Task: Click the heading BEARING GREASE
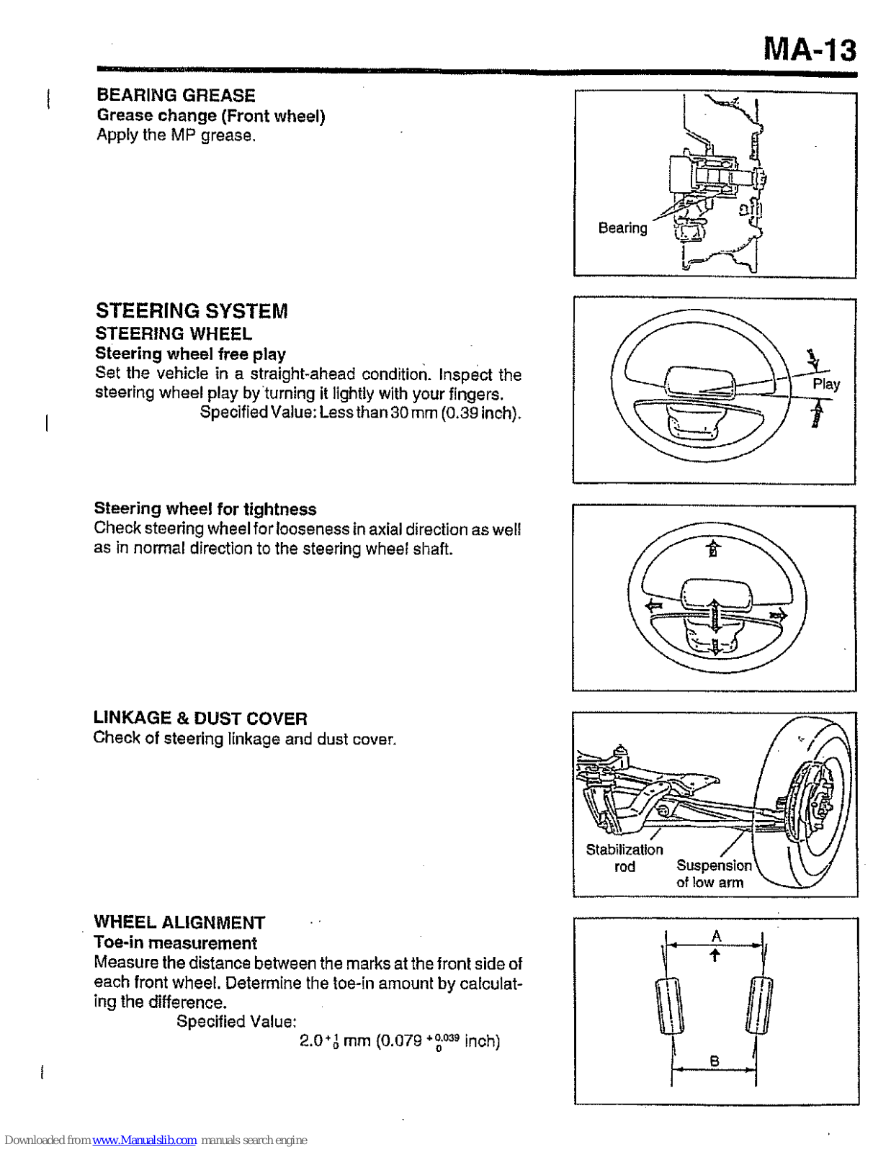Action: (176, 95)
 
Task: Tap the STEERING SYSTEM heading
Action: (192, 311)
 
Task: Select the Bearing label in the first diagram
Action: (622, 228)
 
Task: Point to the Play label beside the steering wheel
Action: (826, 384)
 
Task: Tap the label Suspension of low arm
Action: (712, 873)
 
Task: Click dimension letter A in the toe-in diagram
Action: (716, 936)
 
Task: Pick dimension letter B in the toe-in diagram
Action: (714, 1061)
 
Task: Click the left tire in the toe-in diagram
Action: (669, 1006)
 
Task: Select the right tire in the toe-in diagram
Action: (759, 1005)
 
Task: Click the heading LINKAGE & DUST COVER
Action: (200, 718)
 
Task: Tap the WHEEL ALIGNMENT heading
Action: (179, 922)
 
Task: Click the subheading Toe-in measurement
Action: (175, 942)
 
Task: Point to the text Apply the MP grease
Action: (176, 135)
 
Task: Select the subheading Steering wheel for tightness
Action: (205, 509)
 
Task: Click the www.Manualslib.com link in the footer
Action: (144, 1140)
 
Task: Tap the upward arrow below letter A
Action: (715, 955)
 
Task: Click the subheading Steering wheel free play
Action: (190, 354)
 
